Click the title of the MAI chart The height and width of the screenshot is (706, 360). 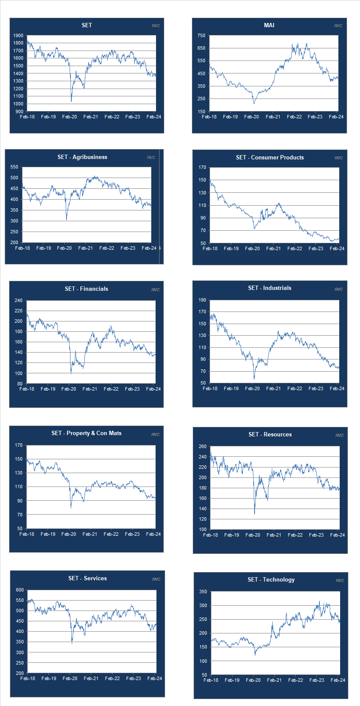(x=269, y=25)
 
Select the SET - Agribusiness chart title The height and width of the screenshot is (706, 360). (x=82, y=157)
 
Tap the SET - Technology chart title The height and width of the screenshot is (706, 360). (x=271, y=580)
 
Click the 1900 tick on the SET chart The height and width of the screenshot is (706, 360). (x=18, y=36)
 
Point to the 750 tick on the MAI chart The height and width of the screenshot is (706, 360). (x=201, y=36)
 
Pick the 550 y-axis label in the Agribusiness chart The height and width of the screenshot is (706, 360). (x=14, y=167)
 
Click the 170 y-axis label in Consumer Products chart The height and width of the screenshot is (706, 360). (x=202, y=168)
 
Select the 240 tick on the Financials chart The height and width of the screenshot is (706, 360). (x=18, y=301)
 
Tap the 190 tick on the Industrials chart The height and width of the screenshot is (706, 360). (x=202, y=300)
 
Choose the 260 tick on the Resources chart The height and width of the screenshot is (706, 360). (x=203, y=447)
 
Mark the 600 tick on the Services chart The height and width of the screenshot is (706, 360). (x=20, y=590)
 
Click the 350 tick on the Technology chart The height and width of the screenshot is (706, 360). (x=203, y=592)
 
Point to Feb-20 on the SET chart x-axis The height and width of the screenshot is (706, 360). (x=70, y=117)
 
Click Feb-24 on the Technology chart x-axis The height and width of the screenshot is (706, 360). (x=338, y=681)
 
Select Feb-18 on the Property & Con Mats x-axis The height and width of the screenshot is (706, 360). (x=27, y=534)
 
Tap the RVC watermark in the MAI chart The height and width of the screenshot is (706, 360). (x=338, y=26)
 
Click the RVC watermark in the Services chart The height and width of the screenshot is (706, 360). (x=156, y=579)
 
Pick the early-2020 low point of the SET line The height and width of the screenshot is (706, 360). (x=71, y=101)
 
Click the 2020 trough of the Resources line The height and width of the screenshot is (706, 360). (x=255, y=514)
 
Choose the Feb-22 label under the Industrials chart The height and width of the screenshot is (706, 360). (x=295, y=389)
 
